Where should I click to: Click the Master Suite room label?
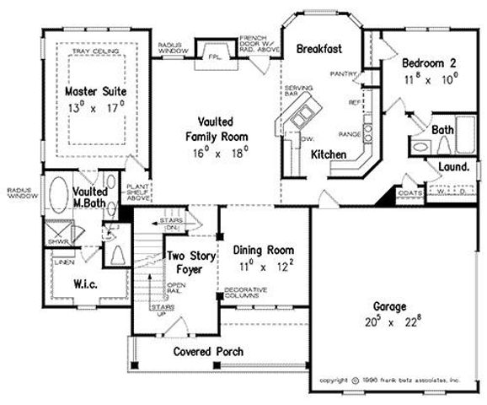(x=91, y=90)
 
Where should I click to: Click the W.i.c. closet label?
(x=89, y=283)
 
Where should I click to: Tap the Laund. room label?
(x=453, y=167)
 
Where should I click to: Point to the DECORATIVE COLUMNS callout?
(x=243, y=294)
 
